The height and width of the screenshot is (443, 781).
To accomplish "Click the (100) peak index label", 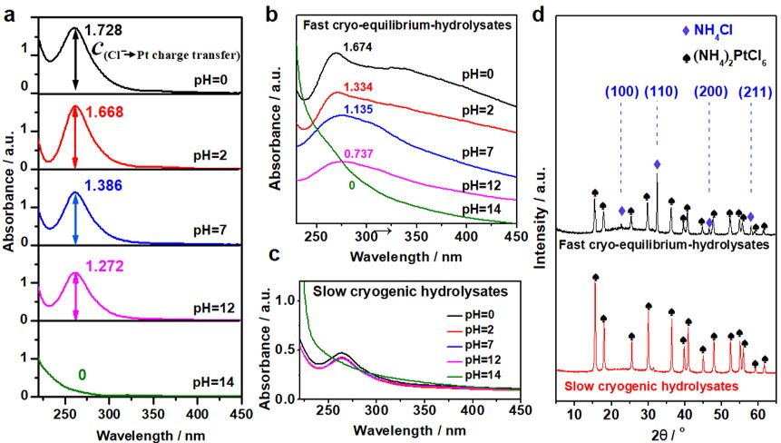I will [x=620, y=92].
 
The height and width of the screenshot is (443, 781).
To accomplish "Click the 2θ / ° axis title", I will [x=667, y=434].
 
